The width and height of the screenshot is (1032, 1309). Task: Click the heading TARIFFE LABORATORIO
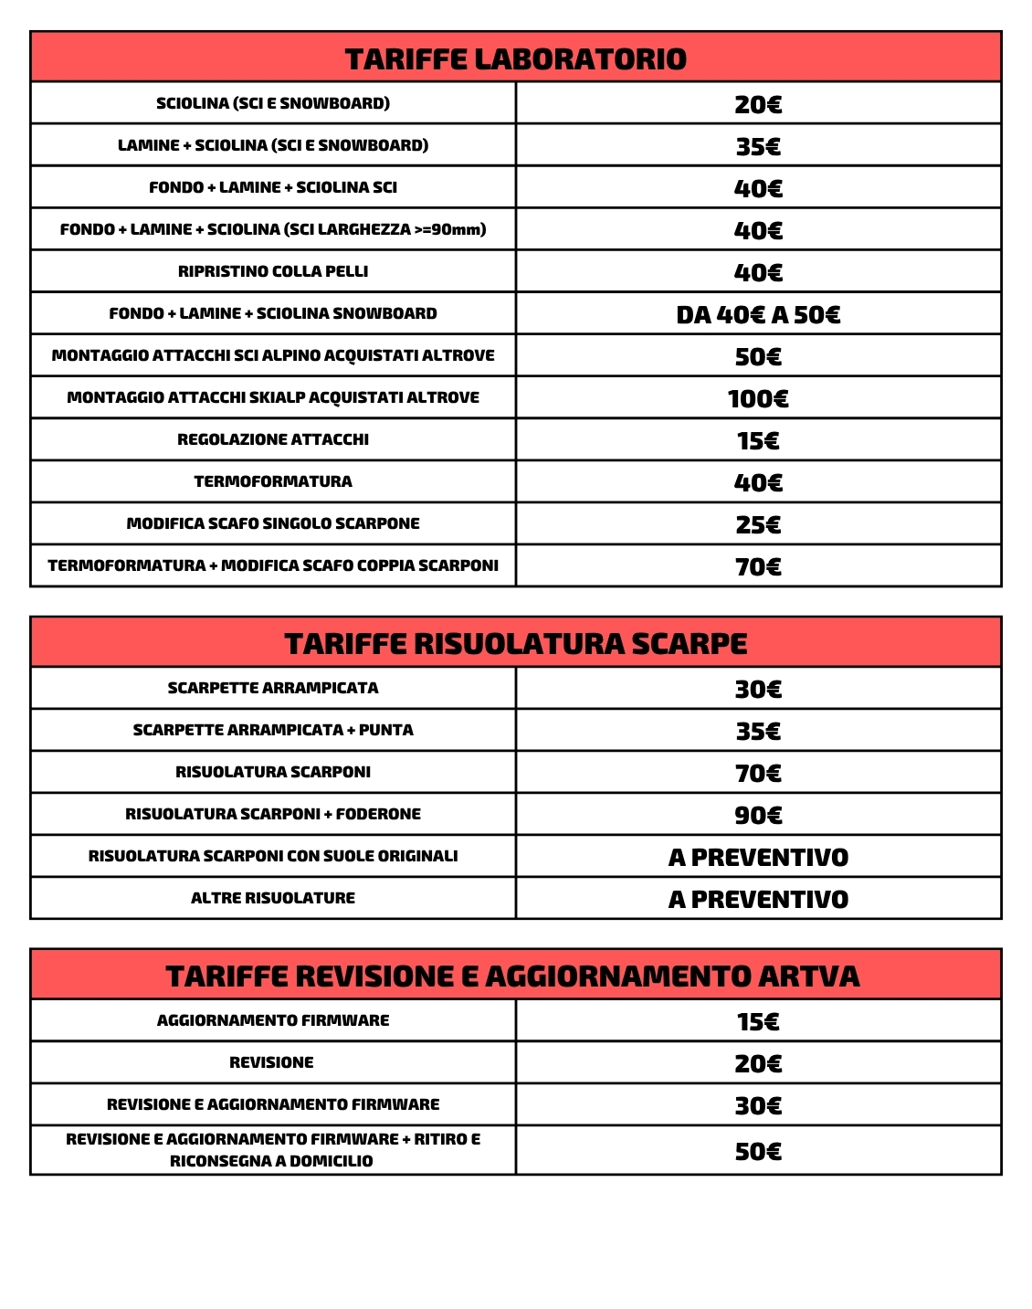point(515,59)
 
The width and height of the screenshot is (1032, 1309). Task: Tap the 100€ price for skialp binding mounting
point(758,399)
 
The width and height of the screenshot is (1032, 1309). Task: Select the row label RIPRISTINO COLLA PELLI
point(273,271)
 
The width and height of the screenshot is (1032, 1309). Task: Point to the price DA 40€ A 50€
point(758,315)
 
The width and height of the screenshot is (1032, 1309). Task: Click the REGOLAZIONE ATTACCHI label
point(273,439)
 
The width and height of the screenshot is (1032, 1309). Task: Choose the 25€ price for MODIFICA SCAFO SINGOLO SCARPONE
point(758,525)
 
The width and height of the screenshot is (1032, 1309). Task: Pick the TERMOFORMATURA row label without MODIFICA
point(273,481)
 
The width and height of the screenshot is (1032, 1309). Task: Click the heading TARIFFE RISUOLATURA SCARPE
point(515,644)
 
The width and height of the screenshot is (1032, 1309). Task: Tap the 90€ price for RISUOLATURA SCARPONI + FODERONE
point(758,816)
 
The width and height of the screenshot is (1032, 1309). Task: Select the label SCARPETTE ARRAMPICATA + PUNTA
point(273,730)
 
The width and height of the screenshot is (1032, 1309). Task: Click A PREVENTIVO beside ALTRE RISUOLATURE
point(758,900)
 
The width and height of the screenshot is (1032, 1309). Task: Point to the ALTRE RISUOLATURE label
point(273,898)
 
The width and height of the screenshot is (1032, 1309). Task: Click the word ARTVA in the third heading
point(808,976)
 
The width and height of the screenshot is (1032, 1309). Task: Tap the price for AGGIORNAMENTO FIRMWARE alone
point(758,1022)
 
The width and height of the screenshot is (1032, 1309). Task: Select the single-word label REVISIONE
point(271,1062)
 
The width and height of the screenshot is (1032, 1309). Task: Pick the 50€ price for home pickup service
point(758,1152)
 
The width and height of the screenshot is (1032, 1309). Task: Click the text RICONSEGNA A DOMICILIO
point(271,1161)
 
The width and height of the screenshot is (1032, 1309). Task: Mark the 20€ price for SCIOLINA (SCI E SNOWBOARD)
point(758,105)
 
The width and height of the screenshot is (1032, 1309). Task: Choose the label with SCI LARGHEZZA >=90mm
point(273,229)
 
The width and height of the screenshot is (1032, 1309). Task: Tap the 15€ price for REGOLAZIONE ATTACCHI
point(758,441)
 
